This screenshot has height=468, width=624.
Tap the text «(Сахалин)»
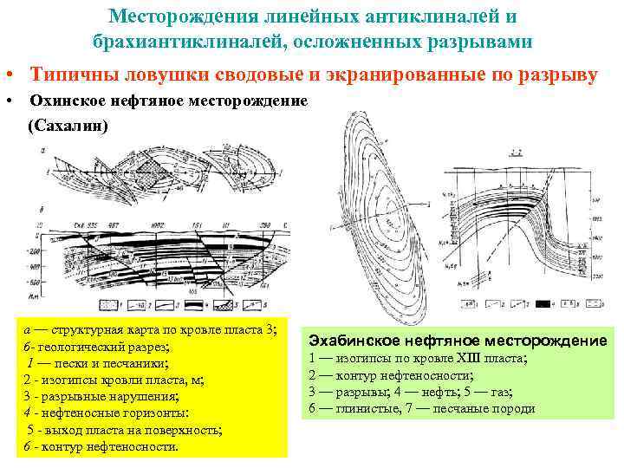[x=68, y=127]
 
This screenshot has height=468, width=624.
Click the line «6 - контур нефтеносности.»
[x=101, y=447]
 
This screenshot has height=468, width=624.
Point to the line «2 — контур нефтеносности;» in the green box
[x=391, y=374]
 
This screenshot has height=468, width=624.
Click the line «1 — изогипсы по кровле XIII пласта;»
[x=418, y=358]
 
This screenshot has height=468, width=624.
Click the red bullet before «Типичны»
[x=6, y=76]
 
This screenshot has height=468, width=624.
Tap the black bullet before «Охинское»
[x=8, y=101]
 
